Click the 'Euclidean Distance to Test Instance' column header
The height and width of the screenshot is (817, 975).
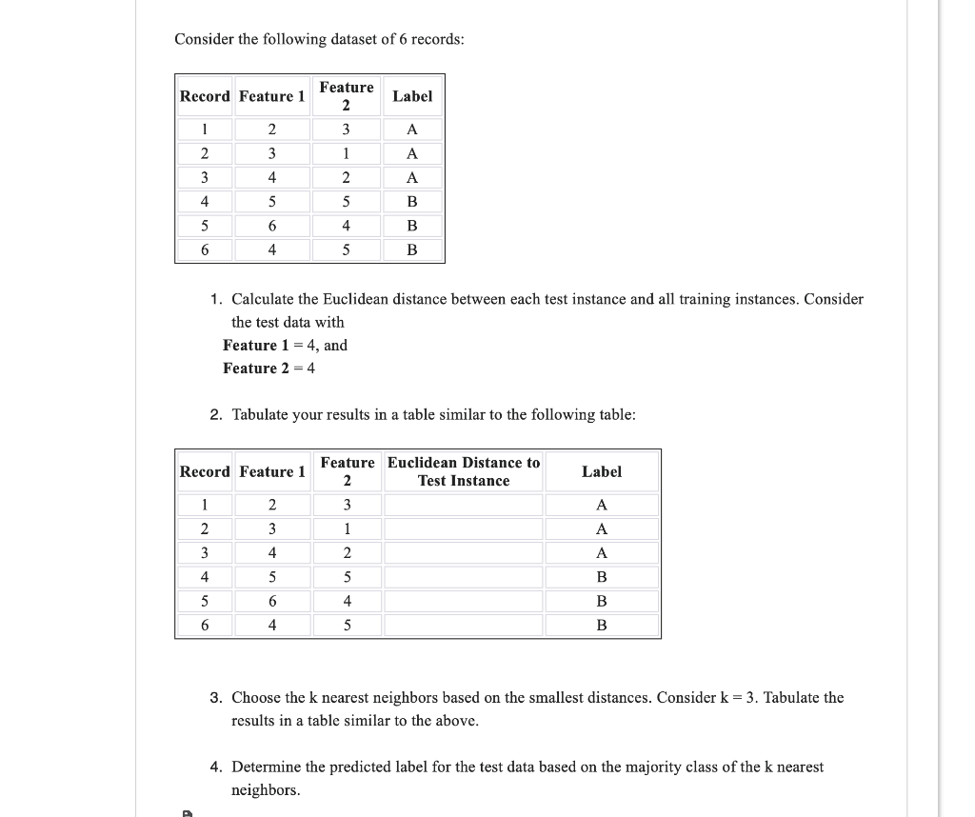[464, 471]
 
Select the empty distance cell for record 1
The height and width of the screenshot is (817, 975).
[464, 505]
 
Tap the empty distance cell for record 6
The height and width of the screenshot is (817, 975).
[464, 626]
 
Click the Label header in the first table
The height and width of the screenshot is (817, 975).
[412, 96]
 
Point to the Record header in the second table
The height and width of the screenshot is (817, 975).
[205, 471]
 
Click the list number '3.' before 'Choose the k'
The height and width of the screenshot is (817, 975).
[217, 698]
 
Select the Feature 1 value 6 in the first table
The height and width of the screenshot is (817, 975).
[272, 226]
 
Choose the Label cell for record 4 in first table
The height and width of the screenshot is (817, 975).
[412, 202]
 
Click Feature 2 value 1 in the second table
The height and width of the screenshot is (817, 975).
[347, 528]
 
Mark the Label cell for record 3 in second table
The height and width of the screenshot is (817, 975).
[601, 553]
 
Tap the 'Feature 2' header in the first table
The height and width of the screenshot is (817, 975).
[347, 96]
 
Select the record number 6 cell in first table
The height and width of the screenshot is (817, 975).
[205, 250]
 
